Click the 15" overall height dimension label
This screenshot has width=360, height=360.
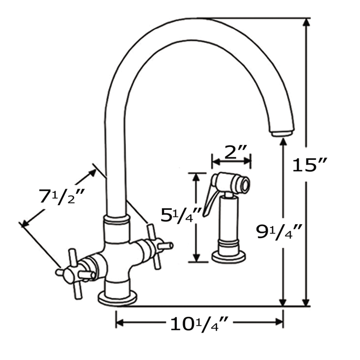click(x=310, y=165)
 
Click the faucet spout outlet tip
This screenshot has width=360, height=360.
click(x=282, y=133)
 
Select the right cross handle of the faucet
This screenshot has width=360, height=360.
click(x=154, y=246)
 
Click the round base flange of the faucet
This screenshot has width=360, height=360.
click(x=118, y=298)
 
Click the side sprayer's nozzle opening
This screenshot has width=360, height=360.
click(x=246, y=183)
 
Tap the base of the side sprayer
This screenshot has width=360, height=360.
click(x=228, y=256)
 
